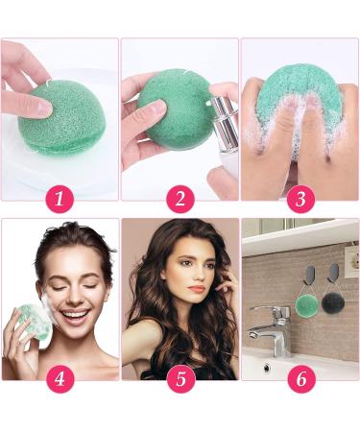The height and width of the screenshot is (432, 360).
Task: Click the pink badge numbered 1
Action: [60, 199]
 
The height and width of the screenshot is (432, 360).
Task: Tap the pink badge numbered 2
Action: [179, 199]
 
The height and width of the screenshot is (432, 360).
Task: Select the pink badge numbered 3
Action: [300, 199]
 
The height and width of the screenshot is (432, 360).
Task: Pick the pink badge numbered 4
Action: [60, 378]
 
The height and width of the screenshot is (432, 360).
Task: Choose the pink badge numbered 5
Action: [179, 378]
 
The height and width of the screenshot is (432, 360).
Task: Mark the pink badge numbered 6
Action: [300, 378]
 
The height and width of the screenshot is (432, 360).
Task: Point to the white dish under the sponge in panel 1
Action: [38, 154]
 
